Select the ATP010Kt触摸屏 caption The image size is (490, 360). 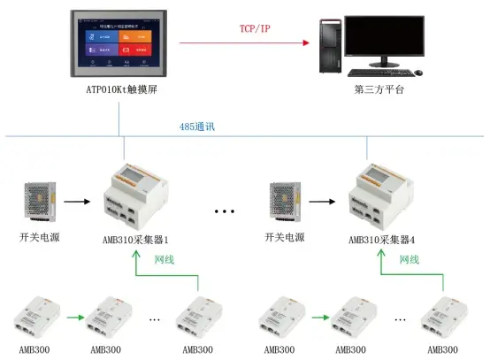[x=120, y=93]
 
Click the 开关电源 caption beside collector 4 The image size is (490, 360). [x=285, y=239]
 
